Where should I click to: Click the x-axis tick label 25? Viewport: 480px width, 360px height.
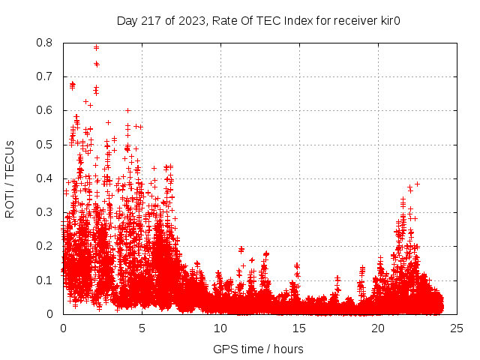coord(457,328)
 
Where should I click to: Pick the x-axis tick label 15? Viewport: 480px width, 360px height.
coord(299,328)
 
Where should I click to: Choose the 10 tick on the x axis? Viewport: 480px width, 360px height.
coord(220,328)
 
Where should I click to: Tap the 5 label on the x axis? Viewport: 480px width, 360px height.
coord(142,328)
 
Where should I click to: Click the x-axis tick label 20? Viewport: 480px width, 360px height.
coord(378,328)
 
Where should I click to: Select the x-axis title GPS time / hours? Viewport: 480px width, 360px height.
coord(258,349)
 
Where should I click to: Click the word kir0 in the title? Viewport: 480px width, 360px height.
coord(388,21)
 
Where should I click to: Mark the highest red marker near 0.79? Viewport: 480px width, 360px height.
coord(96,47)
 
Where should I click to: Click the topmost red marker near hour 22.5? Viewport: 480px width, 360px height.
coord(417,184)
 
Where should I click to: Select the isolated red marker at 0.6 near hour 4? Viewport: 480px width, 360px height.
coord(128,110)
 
